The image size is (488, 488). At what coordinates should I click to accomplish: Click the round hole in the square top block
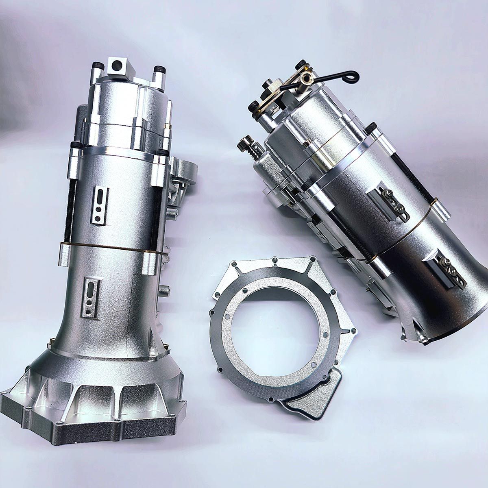118,64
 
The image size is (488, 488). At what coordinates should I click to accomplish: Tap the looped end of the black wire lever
353,75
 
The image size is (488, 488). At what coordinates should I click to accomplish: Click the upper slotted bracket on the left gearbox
99,205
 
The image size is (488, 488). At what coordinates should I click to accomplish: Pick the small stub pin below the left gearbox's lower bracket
164,290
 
